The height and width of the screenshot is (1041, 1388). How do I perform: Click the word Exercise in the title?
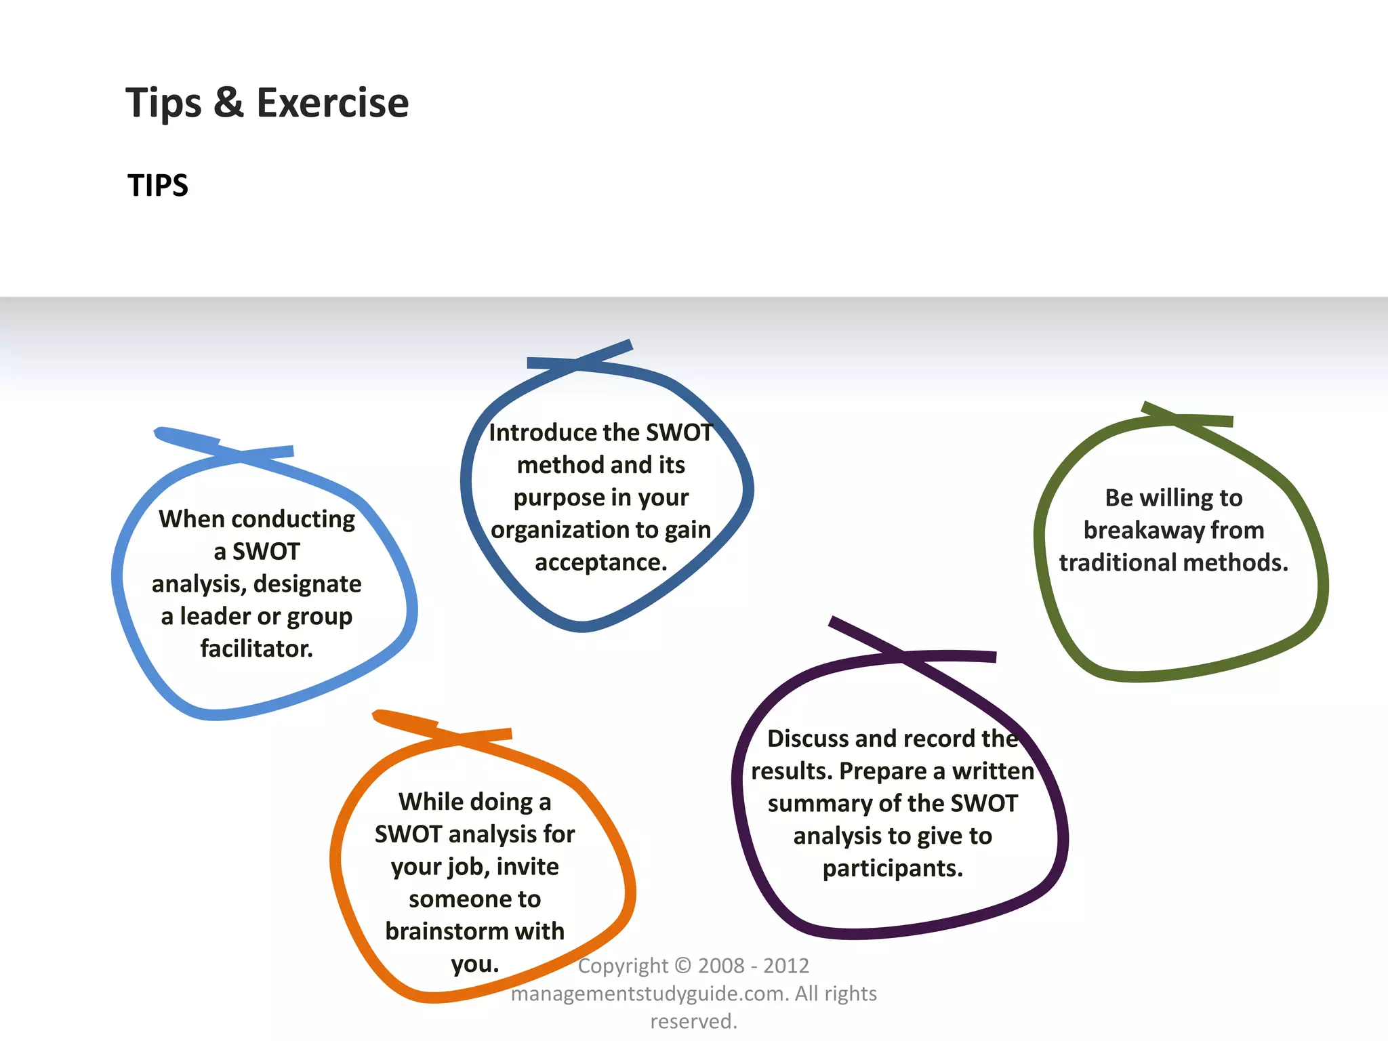(x=332, y=103)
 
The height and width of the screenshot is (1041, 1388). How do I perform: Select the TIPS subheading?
(x=158, y=186)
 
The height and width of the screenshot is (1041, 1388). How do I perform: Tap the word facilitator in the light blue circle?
(x=256, y=649)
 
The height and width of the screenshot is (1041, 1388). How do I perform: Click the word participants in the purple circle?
(x=892, y=868)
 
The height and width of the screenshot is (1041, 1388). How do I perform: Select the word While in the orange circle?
(x=431, y=802)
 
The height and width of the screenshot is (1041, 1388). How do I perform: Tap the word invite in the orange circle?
(x=527, y=867)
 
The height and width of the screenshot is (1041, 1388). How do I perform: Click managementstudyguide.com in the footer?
(x=649, y=994)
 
